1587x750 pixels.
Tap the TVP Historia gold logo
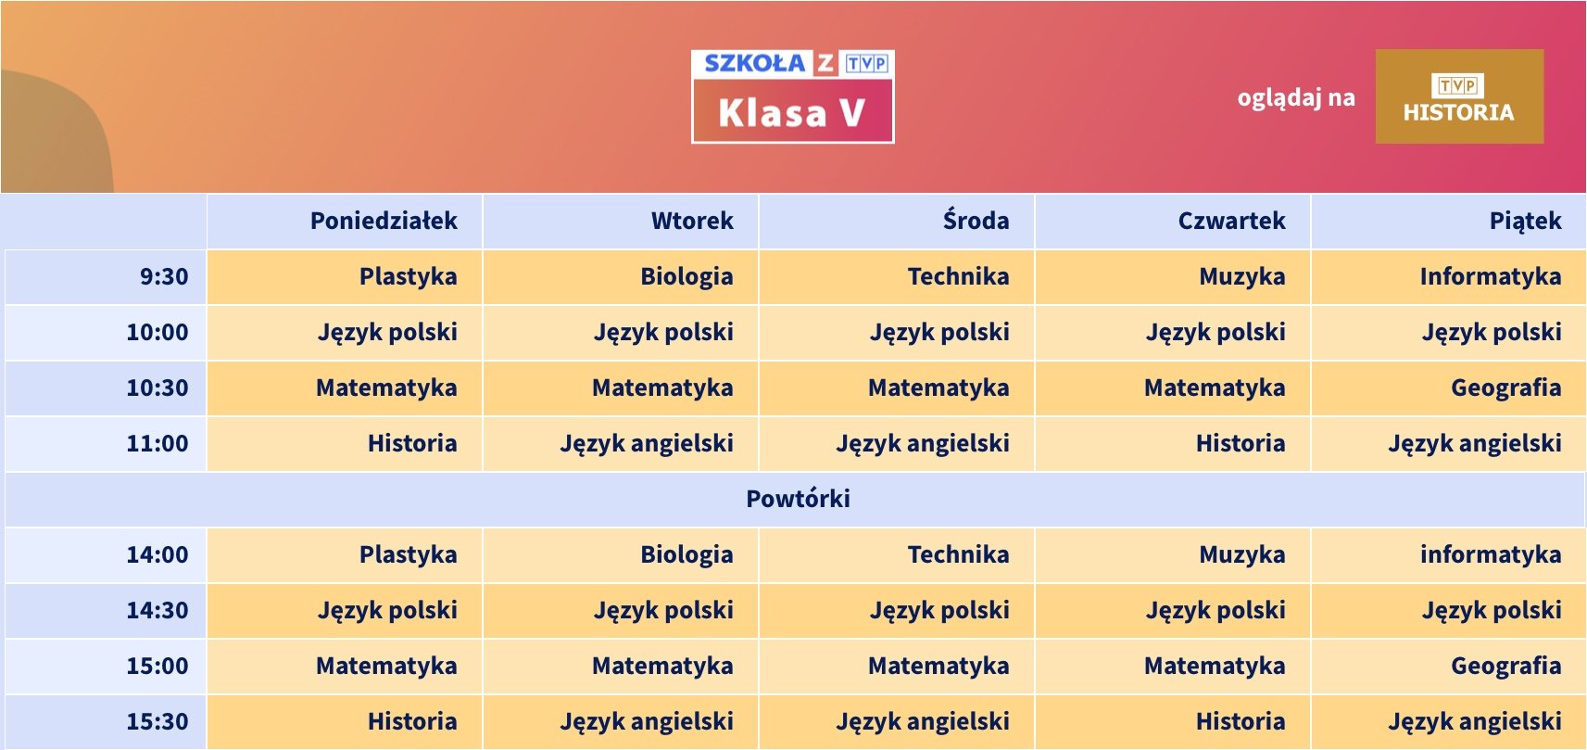pos(1459,96)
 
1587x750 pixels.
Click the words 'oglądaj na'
pos(1296,98)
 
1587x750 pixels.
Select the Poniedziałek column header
pos(384,222)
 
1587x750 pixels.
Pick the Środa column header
pos(976,221)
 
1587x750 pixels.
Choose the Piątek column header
pos(1525,222)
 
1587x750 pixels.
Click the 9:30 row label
pos(164,276)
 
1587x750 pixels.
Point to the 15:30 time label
pos(157,721)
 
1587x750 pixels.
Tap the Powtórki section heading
pos(798,499)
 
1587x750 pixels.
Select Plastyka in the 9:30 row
pos(408,276)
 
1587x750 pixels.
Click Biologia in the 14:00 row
pos(686,554)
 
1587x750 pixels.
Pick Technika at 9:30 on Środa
pos(959,276)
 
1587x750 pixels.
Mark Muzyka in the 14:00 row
pos(1242,554)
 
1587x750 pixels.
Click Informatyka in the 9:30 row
pos(1491,276)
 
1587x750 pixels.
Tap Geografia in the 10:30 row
pos(1506,388)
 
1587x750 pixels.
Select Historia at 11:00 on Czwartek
pos(1241,443)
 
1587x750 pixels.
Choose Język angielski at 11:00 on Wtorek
pos(647,444)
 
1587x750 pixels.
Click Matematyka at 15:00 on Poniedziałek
pos(386,666)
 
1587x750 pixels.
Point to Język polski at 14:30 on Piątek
pos(1492,610)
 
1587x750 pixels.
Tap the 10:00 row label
pos(157,332)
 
